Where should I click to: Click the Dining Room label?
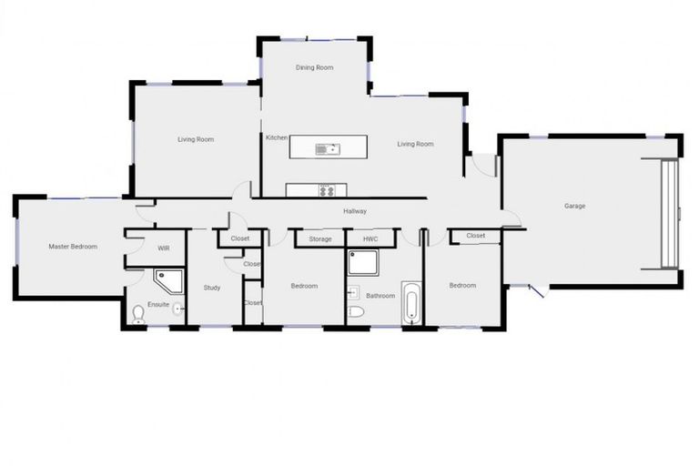click(315, 67)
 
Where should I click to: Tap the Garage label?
click(574, 206)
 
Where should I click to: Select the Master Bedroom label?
click(73, 247)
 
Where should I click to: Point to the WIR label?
click(164, 248)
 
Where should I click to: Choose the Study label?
click(212, 288)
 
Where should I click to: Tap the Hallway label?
click(355, 211)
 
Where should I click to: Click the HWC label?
click(370, 238)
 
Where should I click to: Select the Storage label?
click(319, 239)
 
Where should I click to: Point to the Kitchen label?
click(277, 138)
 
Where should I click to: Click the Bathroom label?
click(380, 295)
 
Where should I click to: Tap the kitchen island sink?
click(328, 149)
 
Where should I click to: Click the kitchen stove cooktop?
click(327, 190)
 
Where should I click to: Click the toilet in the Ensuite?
click(138, 315)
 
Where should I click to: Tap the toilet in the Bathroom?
click(356, 312)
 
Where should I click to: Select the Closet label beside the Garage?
click(475, 236)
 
